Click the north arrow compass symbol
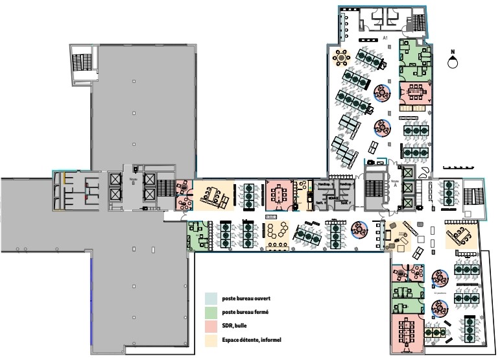coord(453,62)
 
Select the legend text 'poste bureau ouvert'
coord(246,299)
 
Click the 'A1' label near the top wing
coord(385,38)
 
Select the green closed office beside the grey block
coord(197,234)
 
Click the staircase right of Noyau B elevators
coord(166,189)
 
